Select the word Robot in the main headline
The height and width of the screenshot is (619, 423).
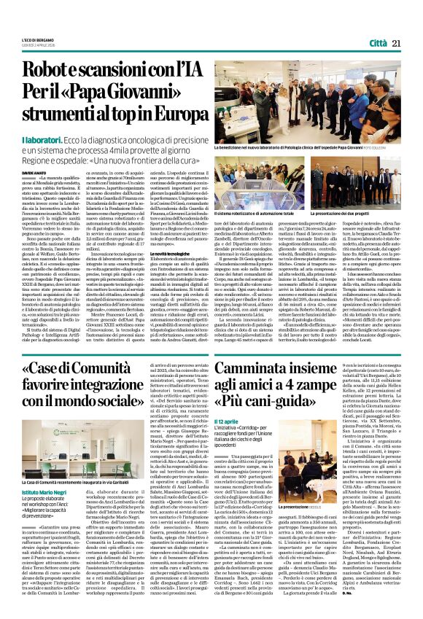[x=52, y=70]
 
